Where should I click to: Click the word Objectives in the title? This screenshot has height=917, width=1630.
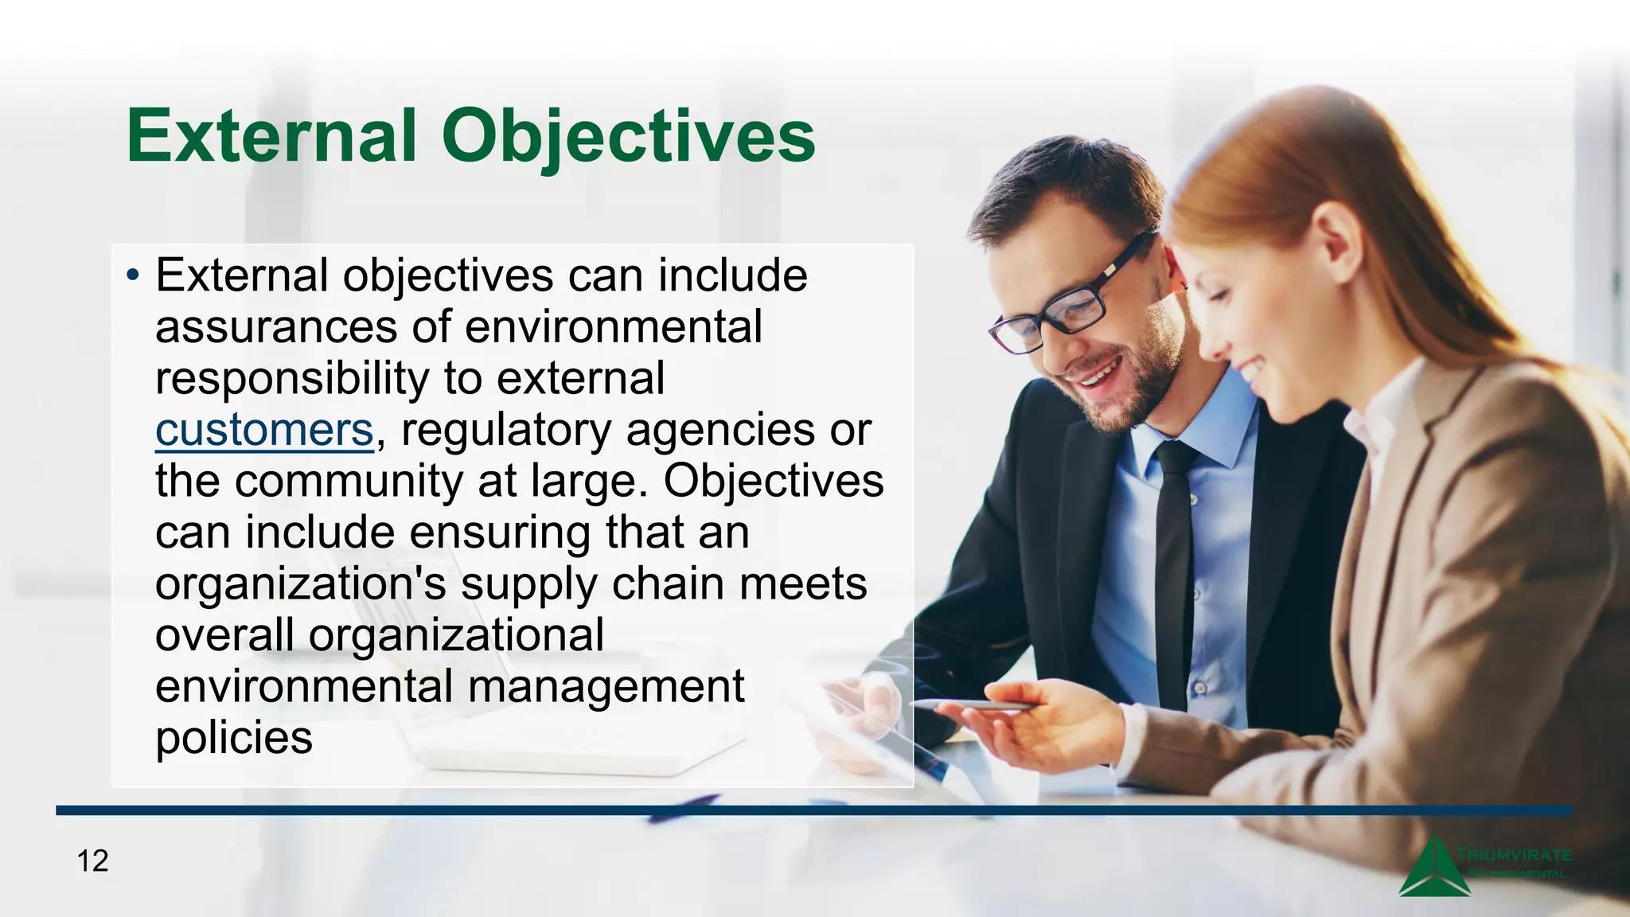coord(629,137)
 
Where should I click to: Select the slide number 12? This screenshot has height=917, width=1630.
coord(92,860)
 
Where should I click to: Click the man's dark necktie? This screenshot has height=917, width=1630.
coord(1175,573)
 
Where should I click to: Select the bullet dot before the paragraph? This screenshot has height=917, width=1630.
coord(133,276)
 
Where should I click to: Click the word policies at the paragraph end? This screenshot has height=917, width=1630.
coord(234,738)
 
